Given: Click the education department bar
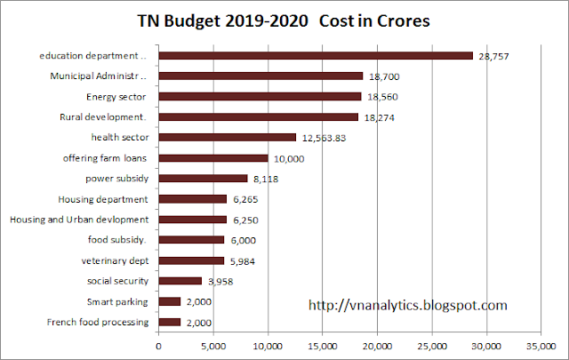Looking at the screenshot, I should tap(316, 56).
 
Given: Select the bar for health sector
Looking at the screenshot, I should tap(228, 137).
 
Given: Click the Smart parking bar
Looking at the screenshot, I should tap(170, 301).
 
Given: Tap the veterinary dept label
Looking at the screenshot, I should tap(111, 260).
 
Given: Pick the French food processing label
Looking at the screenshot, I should tap(97, 321).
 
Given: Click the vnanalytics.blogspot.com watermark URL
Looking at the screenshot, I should tap(407, 305).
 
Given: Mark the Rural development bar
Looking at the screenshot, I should tap(259, 116).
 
